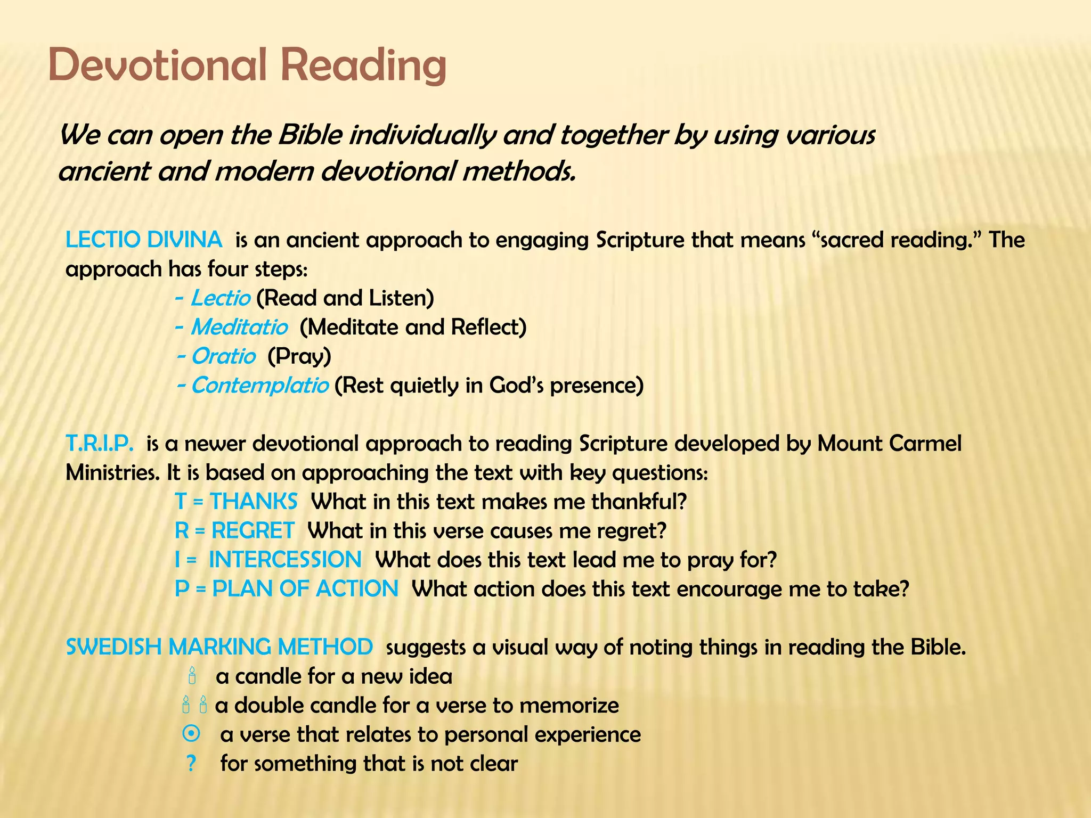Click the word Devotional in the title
[157, 65]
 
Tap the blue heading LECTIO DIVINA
[143, 240]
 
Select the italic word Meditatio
[239, 327]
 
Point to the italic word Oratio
[223, 356]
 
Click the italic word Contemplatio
[259, 385]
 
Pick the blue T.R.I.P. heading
[99, 443]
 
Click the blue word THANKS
[254, 502]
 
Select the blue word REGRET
[253, 530]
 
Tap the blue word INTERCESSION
[285, 560]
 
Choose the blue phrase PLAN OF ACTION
[305, 589]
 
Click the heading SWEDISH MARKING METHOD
[219, 647]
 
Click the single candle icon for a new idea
[192, 676]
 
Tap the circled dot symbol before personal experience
[191, 734]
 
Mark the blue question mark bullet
[191, 764]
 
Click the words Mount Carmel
[889, 443]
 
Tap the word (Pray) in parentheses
[299, 356]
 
